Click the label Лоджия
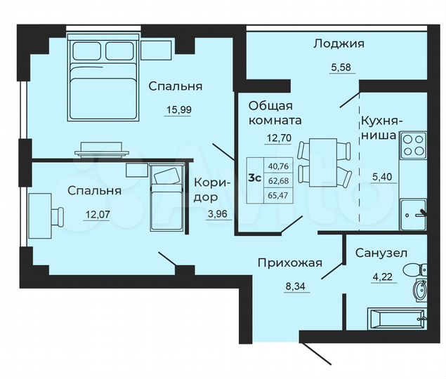[339, 44]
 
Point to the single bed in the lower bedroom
[166, 199]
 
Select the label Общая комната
[272, 113]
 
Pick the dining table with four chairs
[324, 163]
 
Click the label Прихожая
[289, 263]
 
